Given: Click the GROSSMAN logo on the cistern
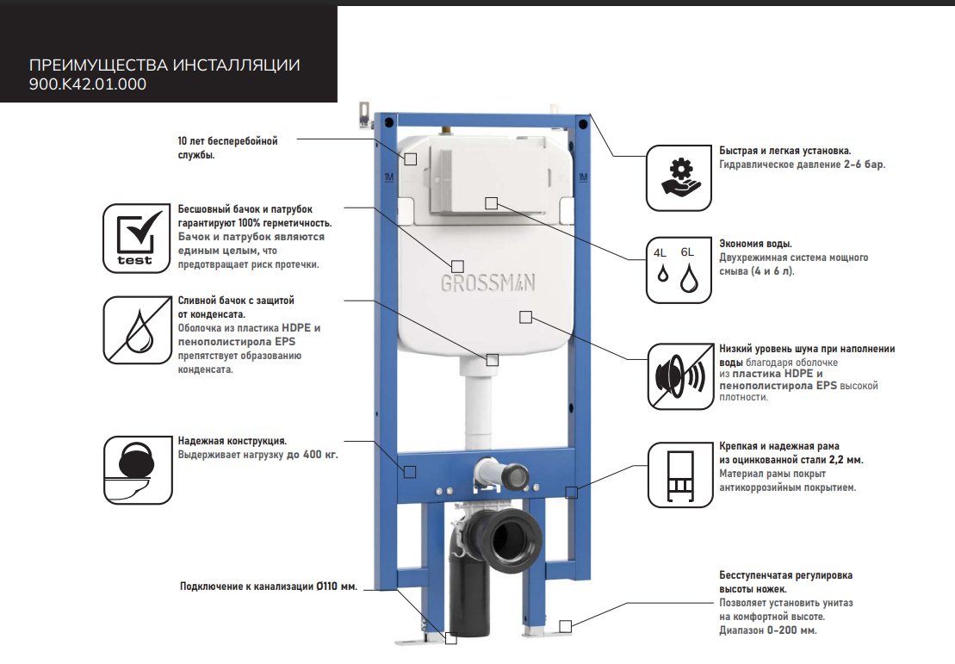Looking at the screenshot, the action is coord(488,282).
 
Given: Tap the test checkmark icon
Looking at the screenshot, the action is coord(136,239).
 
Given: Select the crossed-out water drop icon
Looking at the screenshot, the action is coord(137,330).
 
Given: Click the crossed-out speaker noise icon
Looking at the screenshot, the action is coord(680,375).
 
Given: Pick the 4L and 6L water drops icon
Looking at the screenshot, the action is coord(679,270).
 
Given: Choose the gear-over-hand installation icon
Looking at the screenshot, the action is coord(679,178).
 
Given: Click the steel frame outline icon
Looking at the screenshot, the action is coord(680,475).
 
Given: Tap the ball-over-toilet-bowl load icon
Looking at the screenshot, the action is coord(138,469).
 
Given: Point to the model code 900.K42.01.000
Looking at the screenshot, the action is coord(88,84).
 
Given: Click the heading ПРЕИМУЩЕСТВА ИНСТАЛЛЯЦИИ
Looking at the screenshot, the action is coord(164,65).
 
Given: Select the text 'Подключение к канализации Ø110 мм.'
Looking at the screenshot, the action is coord(269,586).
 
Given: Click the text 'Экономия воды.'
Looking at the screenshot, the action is coord(755,244).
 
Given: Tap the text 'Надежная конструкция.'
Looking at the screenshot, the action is coord(232,440).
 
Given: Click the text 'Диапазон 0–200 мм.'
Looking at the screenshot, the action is coord(767,630).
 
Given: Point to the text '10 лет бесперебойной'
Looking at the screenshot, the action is coord(228,141).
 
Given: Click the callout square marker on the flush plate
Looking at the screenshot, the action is coord(492,203).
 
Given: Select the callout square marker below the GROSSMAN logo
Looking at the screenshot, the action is coord(525,317).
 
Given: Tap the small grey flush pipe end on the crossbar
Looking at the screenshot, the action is coord(516,474).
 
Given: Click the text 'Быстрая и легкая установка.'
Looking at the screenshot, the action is coord(785,151).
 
